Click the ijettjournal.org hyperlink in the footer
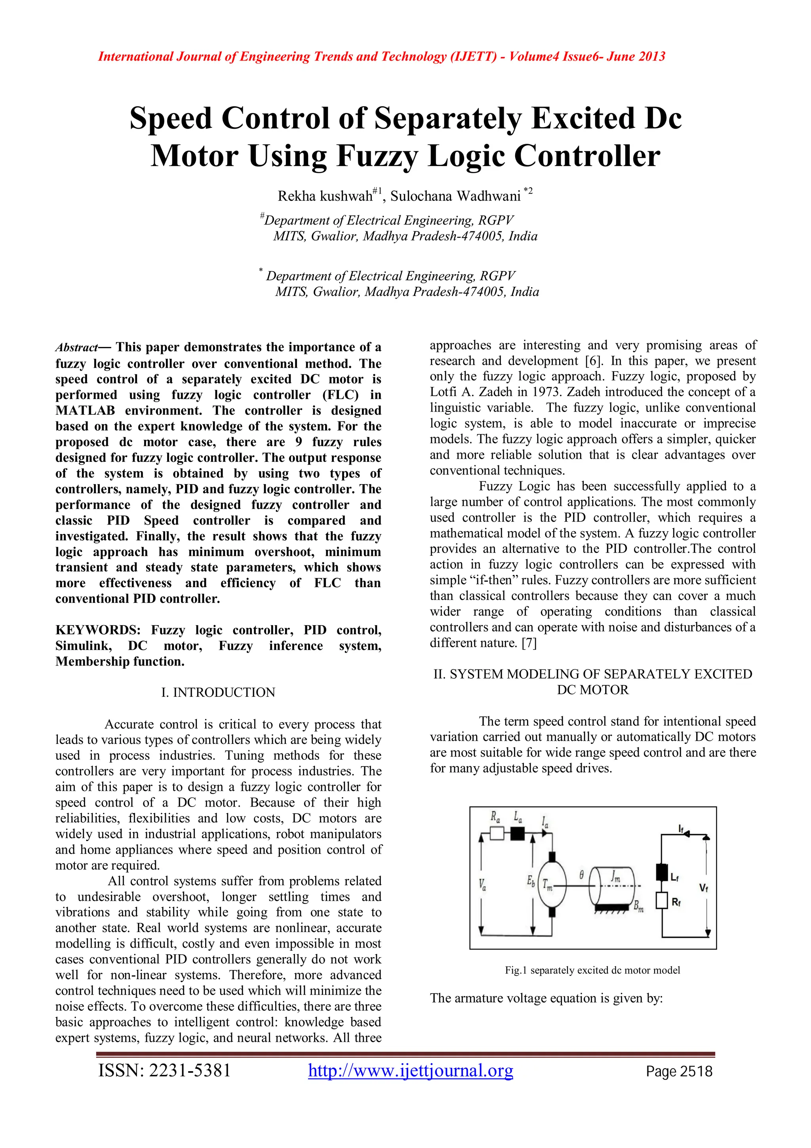[x=410, y=1070]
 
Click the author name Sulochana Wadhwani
[x=455, y=196]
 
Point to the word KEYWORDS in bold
[x=98, y=630]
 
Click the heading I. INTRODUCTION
[x=218, y=692]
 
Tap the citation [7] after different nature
[x=529, y=643]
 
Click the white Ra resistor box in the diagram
[x=497, y=833]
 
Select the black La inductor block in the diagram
[x=517, y=833]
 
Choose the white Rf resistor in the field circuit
[x=662, y=900]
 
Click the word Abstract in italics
[x=76, y=347]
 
